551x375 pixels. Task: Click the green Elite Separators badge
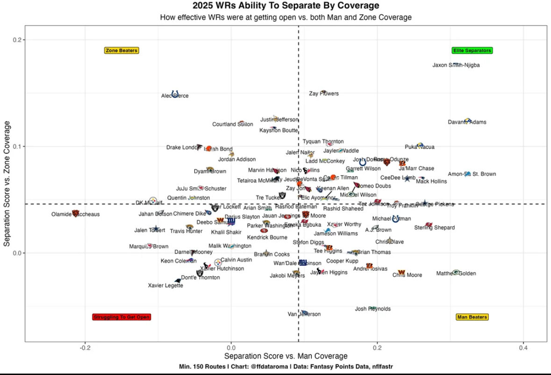472,50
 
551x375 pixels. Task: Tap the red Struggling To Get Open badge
122,317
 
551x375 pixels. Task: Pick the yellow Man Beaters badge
472,317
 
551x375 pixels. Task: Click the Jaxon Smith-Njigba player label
456,65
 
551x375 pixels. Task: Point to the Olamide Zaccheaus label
75,215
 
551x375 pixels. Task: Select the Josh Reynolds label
372,309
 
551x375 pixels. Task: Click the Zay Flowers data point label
324,94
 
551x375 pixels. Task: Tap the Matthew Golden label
456,274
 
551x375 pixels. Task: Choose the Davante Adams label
467,123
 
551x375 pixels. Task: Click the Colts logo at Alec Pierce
175,94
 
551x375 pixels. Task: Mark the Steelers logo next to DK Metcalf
153,200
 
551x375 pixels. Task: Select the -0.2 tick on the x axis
85,348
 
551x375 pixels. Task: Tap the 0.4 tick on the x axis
523,348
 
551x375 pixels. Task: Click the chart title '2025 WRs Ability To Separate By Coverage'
286,6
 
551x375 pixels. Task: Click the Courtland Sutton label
233,124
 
